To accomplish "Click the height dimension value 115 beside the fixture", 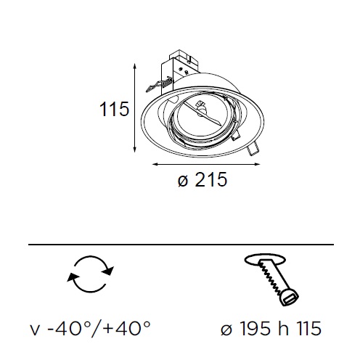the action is point(114,109).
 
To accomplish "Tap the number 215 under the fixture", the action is point(211,179).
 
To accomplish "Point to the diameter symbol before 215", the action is point(183,181).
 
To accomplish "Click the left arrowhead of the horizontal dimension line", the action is point(155,165).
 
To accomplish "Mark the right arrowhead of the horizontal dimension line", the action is point(256,165).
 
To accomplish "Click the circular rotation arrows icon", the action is point(90,274).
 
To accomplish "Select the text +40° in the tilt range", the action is point(127,328).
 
